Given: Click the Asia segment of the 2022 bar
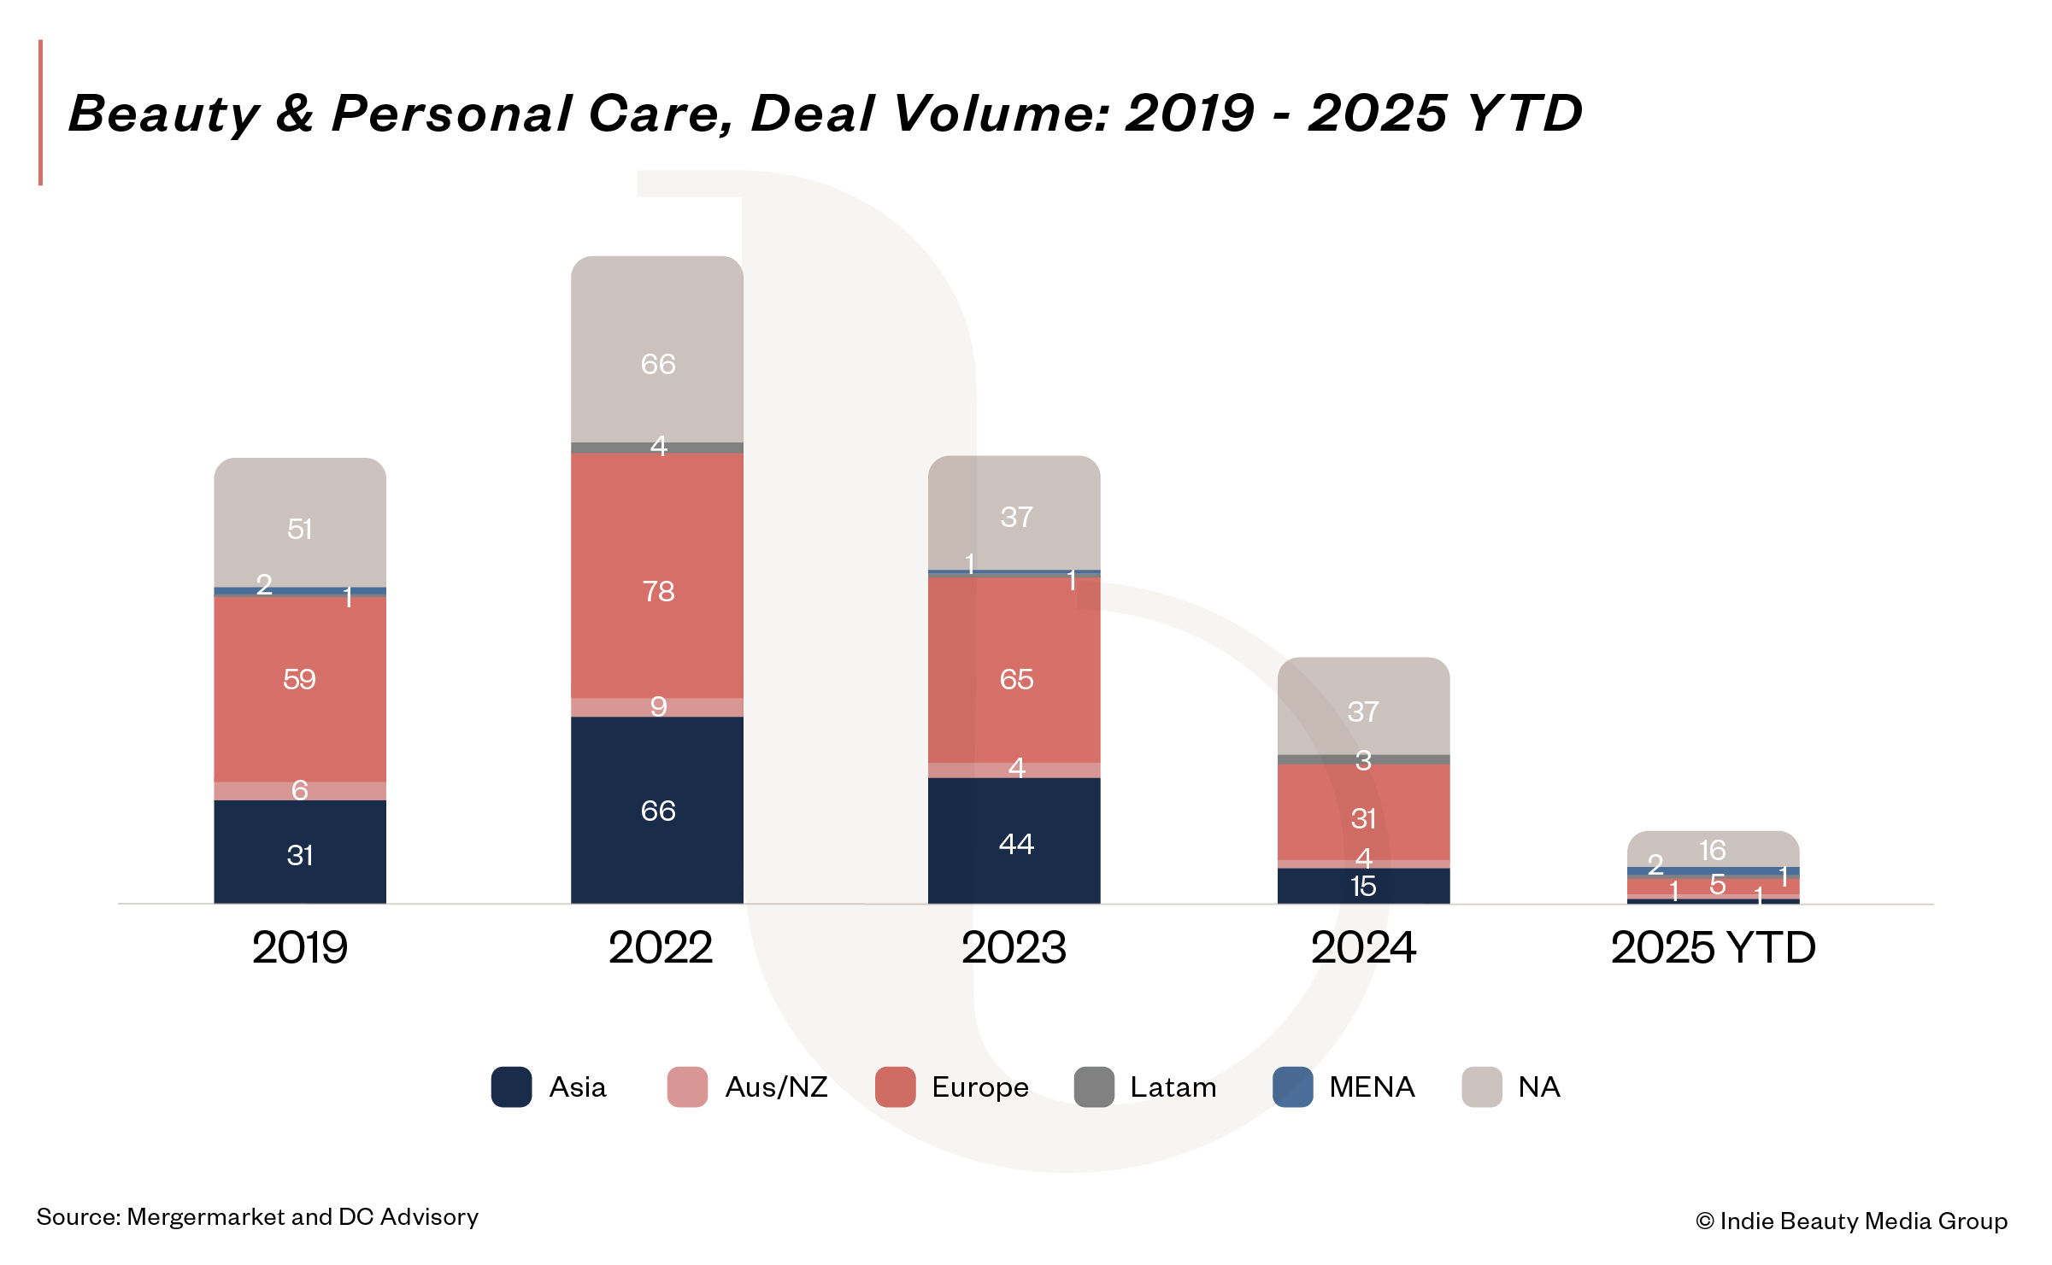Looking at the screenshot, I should [657, 810].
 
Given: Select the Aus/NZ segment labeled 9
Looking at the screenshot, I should [657, 707].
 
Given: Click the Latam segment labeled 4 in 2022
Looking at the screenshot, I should [657, 448].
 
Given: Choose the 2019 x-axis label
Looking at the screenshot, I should [300, 947].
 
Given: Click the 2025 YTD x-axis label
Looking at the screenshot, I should [1713, 947].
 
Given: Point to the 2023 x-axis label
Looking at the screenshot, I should [1014, 947].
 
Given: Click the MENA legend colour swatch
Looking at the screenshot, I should [1292, 1087].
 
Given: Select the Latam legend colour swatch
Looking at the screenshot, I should [1094, 1087].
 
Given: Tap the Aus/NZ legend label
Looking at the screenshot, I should [776, 1087].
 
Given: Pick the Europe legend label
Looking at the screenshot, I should [980, 1087].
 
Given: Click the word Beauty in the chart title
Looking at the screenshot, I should [163, 114].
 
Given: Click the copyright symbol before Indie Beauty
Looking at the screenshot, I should [1704, 1221].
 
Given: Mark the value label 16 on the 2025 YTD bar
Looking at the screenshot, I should [1712, 850].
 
